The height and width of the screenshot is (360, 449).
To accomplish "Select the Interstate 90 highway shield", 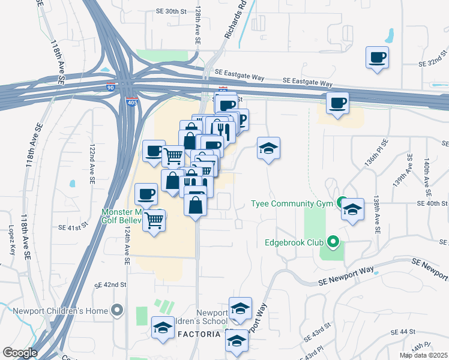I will [x=110, y=87].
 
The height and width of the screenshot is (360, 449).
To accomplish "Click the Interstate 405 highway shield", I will [x=131, y=103].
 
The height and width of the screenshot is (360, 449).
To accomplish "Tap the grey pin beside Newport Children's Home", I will [x=117, y=311].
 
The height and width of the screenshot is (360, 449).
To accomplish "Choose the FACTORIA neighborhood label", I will [x=197, y=334].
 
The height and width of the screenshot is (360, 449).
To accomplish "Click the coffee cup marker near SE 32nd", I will [x=376, y=58].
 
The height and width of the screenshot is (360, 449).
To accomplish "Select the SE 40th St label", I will [x=432, y=203].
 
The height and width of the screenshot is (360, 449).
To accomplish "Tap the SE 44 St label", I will [x=403, y=332].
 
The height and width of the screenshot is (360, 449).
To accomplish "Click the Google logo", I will [x=20, y=353].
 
